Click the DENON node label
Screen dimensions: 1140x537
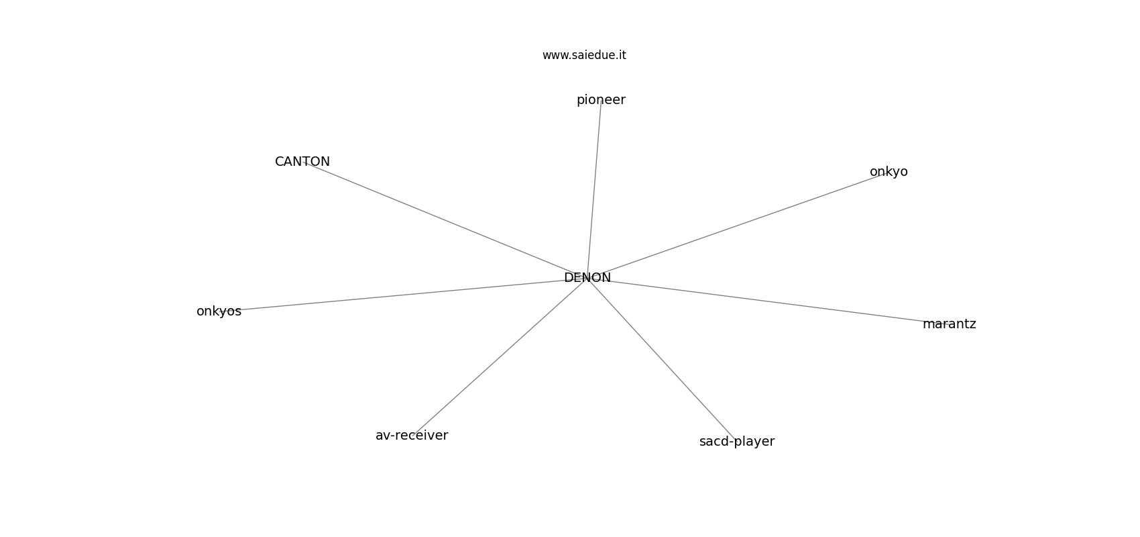pos(587,278)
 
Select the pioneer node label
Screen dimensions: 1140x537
pos(601,101)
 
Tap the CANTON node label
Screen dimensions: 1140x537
pos(302,162)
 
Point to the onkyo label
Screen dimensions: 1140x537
pos(889,173)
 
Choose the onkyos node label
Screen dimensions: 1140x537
pos(219,311)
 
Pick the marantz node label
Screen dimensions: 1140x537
pos(949,324)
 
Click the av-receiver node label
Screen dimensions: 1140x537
pos(412,436)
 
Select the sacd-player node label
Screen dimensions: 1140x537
pos(737,442)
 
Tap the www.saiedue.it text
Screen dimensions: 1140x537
pos(584,55)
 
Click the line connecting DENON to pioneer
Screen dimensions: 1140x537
pos(594,189)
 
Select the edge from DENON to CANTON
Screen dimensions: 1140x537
pos(445,219)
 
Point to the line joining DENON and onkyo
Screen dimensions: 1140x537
pos(738,225)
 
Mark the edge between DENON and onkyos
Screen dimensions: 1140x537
pos(403,295)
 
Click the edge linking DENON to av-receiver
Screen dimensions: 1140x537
pos(500,356)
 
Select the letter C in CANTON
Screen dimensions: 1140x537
pos(280,162)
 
